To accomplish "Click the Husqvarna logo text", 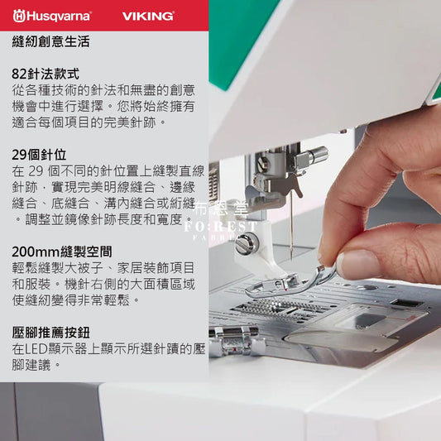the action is click(59, 16).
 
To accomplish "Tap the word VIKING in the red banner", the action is click(148, 16).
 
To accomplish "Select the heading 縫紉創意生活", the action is click(50, 41).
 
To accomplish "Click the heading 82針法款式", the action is click(46, 74).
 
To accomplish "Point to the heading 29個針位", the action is click(39, 155).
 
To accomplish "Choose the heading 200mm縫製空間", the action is click(62, 252).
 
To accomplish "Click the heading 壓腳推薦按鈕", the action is click(50, 333).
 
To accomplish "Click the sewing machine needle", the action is click(291, 225).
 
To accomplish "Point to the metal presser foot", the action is click(290, 284).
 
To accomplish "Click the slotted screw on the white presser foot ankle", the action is click(243, 242).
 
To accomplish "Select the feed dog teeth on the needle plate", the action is click(280, 309).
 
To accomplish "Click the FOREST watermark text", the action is click(220, 227).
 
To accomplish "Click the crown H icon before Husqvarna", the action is click(19, 16).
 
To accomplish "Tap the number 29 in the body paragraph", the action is click(36, 171).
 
